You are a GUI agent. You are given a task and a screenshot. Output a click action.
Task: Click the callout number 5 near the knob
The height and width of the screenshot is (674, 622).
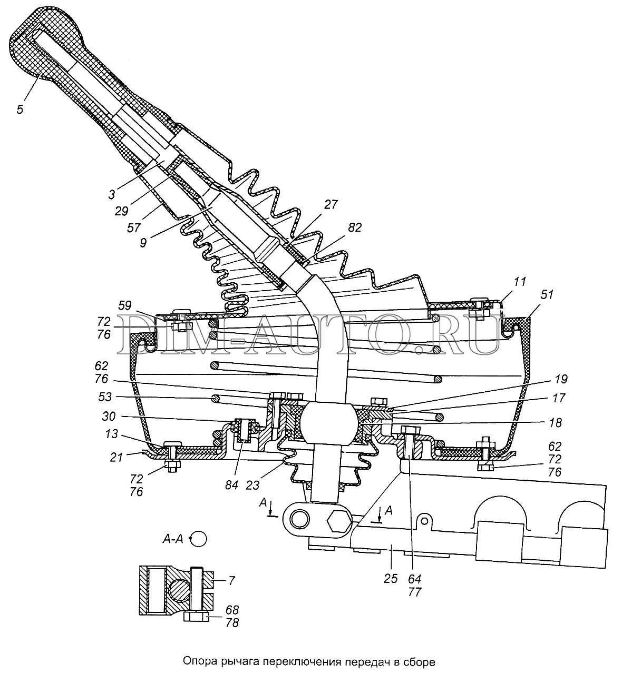[x=20, y=110]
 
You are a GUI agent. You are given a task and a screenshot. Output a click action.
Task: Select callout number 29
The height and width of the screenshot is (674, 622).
[x=121, y=211]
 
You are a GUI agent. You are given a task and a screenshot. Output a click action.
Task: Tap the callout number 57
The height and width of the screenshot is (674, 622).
[x=133, y=227]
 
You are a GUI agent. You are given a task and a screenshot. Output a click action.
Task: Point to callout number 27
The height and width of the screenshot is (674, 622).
[x=331, y=204]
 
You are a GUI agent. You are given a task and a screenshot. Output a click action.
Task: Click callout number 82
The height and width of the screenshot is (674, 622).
[x=355, y=227]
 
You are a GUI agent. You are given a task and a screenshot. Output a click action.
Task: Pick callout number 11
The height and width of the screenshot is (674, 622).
[x=520, y=282]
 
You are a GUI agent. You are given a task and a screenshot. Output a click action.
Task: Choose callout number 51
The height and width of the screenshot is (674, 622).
[x=547, y=294]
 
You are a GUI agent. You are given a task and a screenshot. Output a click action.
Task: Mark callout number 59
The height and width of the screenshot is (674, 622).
[x=125, y=305]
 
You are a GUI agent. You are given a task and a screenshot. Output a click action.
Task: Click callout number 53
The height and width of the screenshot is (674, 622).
[x=105, y=397]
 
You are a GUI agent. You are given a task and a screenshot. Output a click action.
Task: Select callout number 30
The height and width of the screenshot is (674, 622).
[x=109, y=416]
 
